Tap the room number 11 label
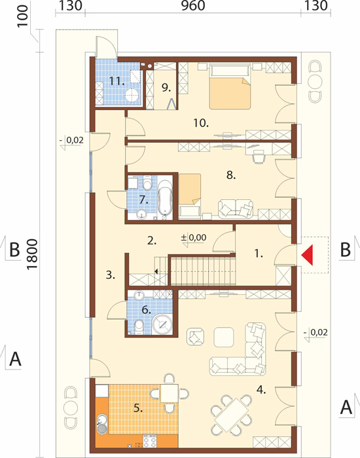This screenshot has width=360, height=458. pyautogui.click(x=117, y=81)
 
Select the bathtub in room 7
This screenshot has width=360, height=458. pyautogui.click(x=165, y=197)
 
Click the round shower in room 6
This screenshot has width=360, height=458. pyautogui.click(x=162, y=324)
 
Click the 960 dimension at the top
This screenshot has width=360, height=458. pyautogui.click(x=193, y=6)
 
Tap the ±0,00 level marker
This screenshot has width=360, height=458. pyautogui.click(x=194, y=237)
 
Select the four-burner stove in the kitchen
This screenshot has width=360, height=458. pyautogui.click(x=150, y=441)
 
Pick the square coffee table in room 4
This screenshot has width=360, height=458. pyautogui.click(x=223, y=337)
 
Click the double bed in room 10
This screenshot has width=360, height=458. pyautogui.click(x=230, y=86)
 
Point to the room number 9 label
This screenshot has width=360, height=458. pyautogui.click(x=166, y=87)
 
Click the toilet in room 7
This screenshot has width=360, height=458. pyautogui.click(x=148, y=183)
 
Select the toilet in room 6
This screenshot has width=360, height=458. pyautogui.click(x=139, y=326)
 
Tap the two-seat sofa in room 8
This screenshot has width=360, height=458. pyautogui.click(x=236, y=208)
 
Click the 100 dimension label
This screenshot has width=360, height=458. pyautogui.click(x=24, y=16)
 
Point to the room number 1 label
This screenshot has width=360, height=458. pyautogui.click(x=259, y=254)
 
